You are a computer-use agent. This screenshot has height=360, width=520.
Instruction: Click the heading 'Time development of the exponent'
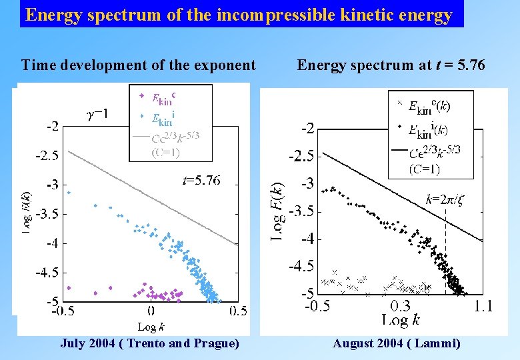point(138,65)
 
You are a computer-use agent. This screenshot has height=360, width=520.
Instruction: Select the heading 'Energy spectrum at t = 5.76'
point(391,65)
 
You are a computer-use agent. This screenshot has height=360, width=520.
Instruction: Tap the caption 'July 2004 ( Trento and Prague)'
point(149,343)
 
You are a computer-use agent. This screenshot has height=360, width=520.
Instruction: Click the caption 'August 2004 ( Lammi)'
point(396,343)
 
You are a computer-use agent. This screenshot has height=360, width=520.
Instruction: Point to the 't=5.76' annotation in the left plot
point(201,180)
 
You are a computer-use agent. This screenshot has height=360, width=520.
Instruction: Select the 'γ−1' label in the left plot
point(97,115)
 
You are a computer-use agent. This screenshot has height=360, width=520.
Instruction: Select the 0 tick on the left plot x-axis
point(151,311)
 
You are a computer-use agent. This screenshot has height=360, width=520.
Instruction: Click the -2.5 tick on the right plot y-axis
point(301,156)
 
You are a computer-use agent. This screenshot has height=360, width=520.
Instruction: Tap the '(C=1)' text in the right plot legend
point(424,169)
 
